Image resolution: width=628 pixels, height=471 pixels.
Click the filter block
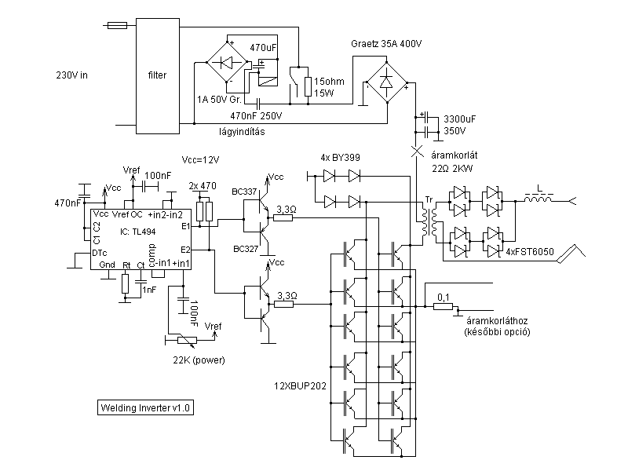pos(158,75)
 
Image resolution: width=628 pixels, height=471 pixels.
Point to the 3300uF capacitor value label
pos(460,118)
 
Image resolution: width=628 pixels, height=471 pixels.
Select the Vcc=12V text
pos(201,159)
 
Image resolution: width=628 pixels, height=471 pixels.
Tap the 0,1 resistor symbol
pos(444,308)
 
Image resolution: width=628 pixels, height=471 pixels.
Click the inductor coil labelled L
pos(539,200)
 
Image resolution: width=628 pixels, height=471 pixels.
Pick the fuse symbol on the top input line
pos(115,26)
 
